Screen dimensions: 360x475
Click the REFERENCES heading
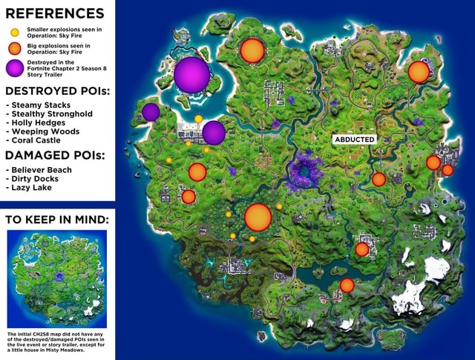55,13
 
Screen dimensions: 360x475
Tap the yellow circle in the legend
14,32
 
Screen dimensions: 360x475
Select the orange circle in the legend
14,50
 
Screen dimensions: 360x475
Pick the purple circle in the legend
14,69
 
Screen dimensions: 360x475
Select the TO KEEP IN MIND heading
57,220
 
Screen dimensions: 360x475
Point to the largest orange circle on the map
258,217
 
